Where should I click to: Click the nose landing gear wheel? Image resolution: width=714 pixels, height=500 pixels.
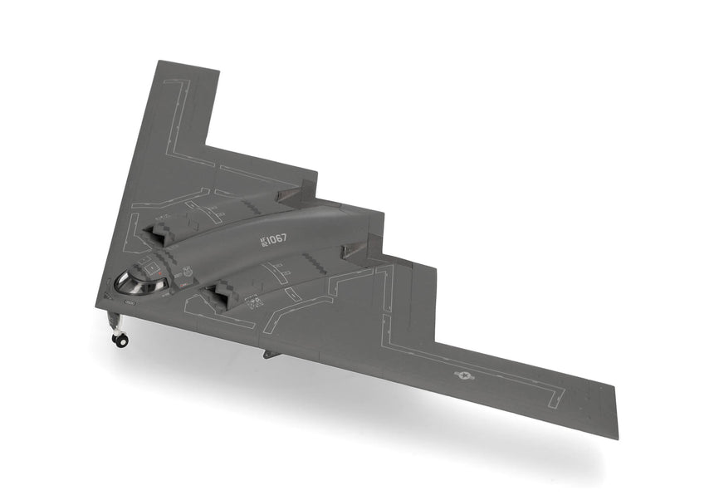coord(121,340)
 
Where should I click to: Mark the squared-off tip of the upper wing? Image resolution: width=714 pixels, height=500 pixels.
coord(188,66)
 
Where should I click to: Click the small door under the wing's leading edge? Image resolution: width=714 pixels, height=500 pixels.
coord(267,354)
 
